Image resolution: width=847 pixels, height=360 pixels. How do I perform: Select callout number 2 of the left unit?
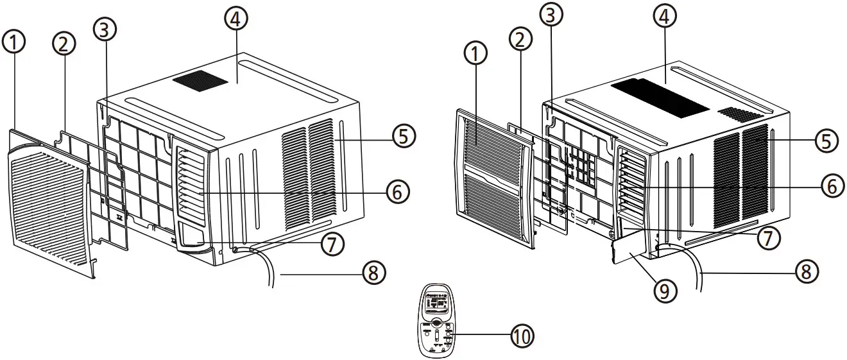64,44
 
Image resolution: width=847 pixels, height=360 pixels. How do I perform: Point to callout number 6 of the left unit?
397,191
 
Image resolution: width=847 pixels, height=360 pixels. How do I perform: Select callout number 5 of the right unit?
826,139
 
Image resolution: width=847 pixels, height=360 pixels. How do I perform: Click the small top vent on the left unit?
202,80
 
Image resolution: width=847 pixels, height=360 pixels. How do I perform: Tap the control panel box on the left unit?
193,237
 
